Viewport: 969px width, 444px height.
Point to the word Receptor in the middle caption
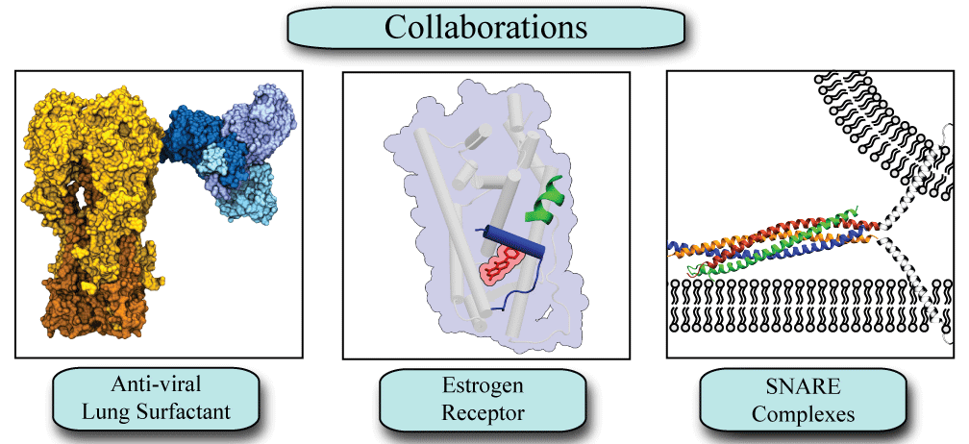click(483, 415)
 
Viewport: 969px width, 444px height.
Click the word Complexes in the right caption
click(803, 415)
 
